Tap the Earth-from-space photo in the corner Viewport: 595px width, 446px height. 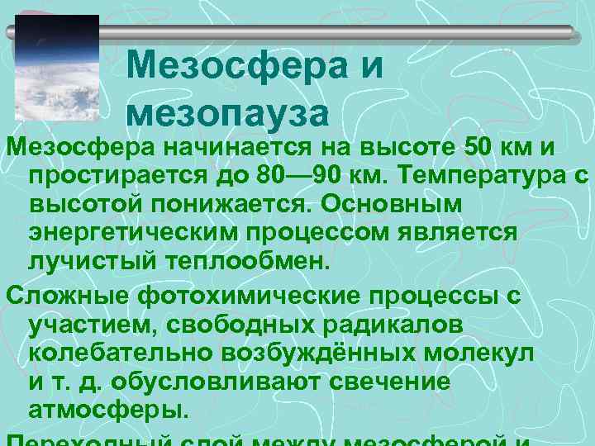[x=57, y=70]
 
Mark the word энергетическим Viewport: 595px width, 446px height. [x=132, y=233]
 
